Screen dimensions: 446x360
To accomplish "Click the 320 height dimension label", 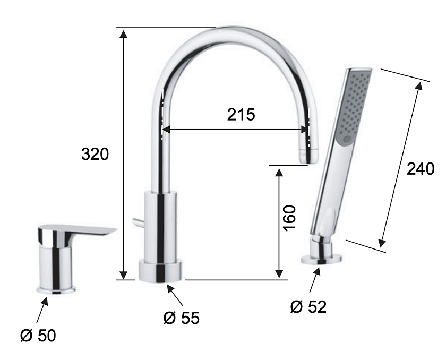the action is [95, 154].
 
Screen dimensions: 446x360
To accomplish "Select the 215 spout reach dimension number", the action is [241, 115].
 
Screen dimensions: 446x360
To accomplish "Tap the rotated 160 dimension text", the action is [289, 218].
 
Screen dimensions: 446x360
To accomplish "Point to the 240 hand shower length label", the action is [421, 169].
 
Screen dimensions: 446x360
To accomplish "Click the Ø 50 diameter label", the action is [38, 336].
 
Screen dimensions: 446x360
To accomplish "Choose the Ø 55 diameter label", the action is [182, 318].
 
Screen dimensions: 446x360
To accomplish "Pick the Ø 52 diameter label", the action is [308, 307].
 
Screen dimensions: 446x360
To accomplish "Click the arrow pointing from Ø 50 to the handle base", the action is [42, 310].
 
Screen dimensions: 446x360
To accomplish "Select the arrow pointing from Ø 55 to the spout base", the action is [175, 295].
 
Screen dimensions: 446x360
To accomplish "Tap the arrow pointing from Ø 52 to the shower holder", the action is [314, 280].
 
